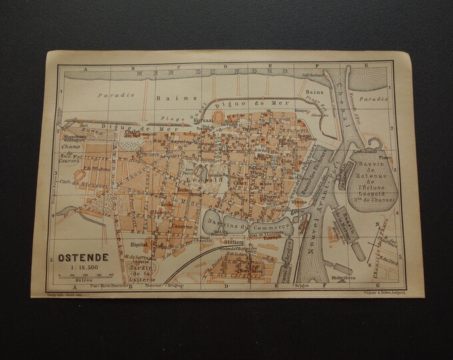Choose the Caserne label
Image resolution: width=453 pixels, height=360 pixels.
(x=184, y=226)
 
